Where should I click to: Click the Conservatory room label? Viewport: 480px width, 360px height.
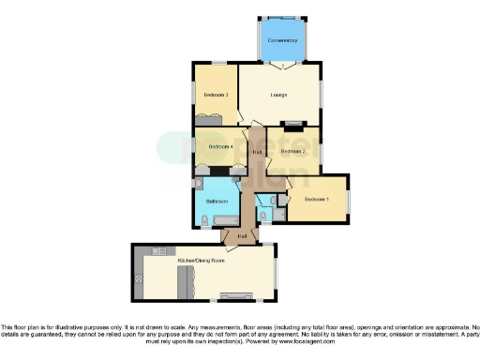coord(282,41)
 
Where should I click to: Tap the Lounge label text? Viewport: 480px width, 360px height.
coord(278,96)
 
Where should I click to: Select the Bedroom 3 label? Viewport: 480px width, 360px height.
coord(217,96)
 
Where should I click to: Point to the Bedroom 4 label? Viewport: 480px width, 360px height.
coord(219,147)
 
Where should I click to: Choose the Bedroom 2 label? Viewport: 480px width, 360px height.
coord(293,151)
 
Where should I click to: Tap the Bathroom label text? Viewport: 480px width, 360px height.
coord(217,202)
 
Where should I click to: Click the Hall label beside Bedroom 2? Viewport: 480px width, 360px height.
coord(257,152)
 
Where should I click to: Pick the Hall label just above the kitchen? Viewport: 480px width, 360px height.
coord(242,236)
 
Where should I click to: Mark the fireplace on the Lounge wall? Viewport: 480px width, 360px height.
coord(294,123)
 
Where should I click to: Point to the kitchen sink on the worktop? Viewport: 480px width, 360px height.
coord(137,278)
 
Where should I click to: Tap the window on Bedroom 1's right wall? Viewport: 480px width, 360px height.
coord(349,200)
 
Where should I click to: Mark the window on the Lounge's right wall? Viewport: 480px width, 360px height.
coord(323,94)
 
